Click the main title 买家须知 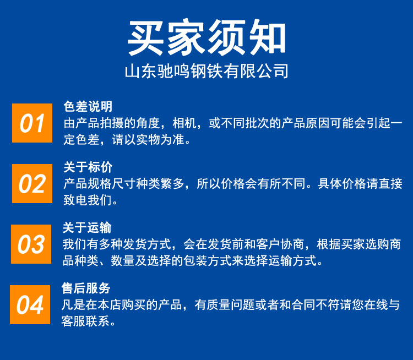pos(206,37)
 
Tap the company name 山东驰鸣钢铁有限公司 pos(206,71)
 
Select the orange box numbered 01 pos(32,123)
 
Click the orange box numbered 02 pos(32,183)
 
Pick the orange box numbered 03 pos(31,244)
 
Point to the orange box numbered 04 pos(30,305)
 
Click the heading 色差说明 pos(88,107)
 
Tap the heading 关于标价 pos(88,167)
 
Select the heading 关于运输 pos(87,228)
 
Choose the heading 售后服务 pos(86,288)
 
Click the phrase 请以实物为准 pos(148,140)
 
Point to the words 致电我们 pos(88,200)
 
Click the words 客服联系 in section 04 pos(85,321)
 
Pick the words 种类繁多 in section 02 pos(160,184)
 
